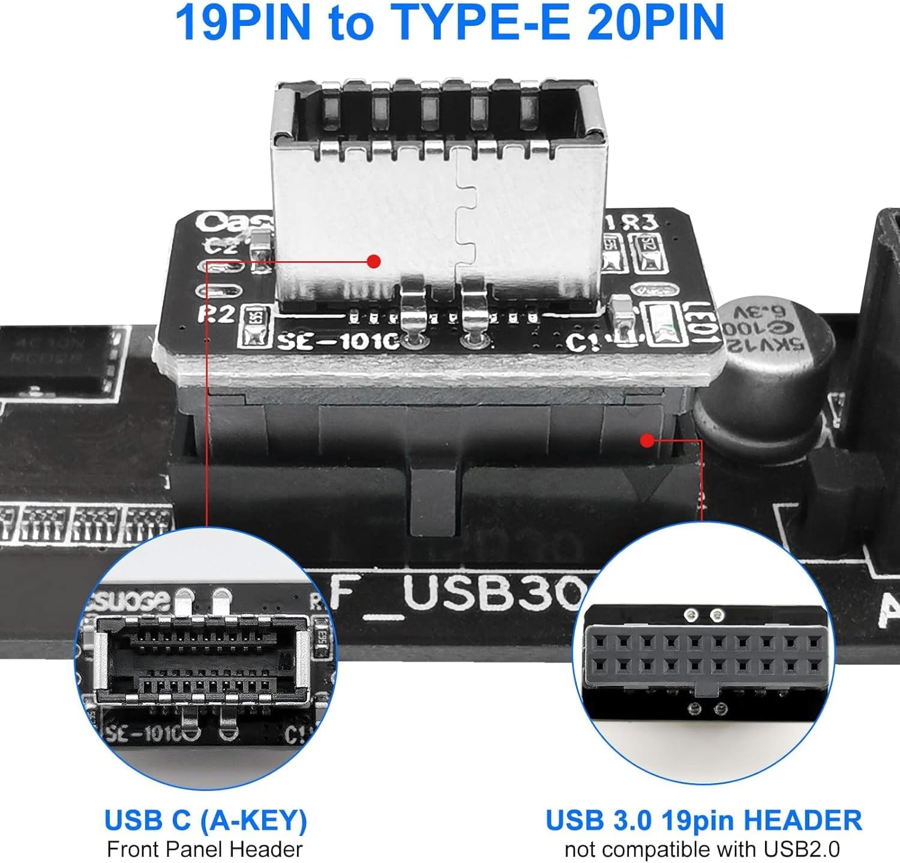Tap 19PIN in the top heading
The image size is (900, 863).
pos(242,23)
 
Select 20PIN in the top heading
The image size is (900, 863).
pos(656,23)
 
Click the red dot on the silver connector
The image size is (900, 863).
pos(374,261)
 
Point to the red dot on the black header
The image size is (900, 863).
pos(646,441)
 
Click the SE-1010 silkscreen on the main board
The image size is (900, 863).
pos(337,341)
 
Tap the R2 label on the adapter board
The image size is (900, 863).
pos(216,313)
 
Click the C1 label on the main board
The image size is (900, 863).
pos(582,343)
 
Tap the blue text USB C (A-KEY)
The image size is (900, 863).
pos(205,820)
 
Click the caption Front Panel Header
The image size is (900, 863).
pos(205,849)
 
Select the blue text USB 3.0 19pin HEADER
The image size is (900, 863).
pos(703,820)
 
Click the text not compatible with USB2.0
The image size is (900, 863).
pos(702,849)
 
